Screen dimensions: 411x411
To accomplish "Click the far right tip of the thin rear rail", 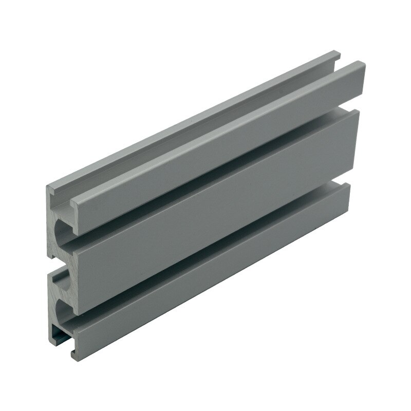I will [339, 53].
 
